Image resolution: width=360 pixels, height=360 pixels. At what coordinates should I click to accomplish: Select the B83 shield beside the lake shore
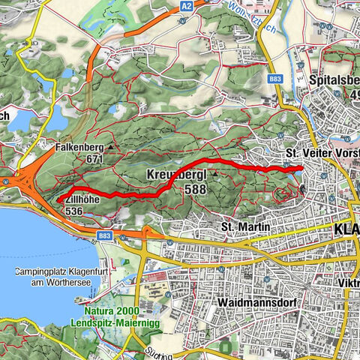pos(104,235)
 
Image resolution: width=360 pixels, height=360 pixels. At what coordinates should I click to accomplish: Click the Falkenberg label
pos(79,148)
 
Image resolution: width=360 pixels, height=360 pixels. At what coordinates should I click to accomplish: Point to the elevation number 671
pos(94,159)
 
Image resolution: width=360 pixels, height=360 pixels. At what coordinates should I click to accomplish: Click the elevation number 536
pos(73,211)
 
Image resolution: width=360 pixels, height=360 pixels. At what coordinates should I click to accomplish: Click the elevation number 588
pos(196,189)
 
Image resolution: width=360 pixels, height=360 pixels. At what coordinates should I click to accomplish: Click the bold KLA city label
pos(346,229)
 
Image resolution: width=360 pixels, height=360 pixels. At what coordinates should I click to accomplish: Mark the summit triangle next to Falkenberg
pos(110,148)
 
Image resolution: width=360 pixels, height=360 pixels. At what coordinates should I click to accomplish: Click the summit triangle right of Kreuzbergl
pos(215,175)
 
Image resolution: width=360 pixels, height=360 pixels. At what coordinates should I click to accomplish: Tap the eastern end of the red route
pos(301,168)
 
